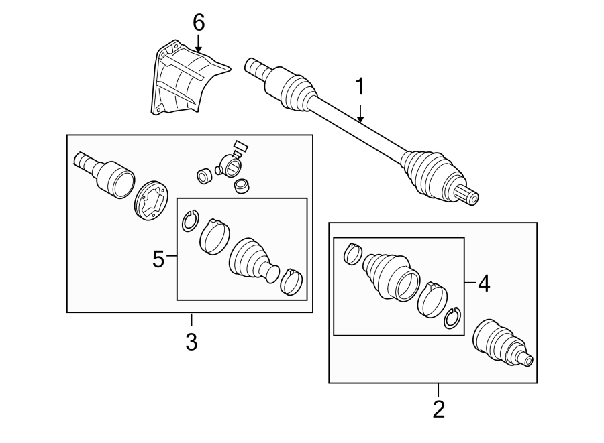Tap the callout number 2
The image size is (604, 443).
click(438, 409)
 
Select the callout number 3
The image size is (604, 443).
click(191, 342)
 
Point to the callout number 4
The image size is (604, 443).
click(483, 284)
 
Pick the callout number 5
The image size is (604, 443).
click(158, 259)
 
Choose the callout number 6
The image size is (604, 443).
click(199, 23)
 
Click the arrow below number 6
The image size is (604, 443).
click(199, 44)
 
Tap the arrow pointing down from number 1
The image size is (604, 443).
click(360, 114)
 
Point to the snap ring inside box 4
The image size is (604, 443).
click(452, 318)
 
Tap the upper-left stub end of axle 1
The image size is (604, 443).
click(256, 67)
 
